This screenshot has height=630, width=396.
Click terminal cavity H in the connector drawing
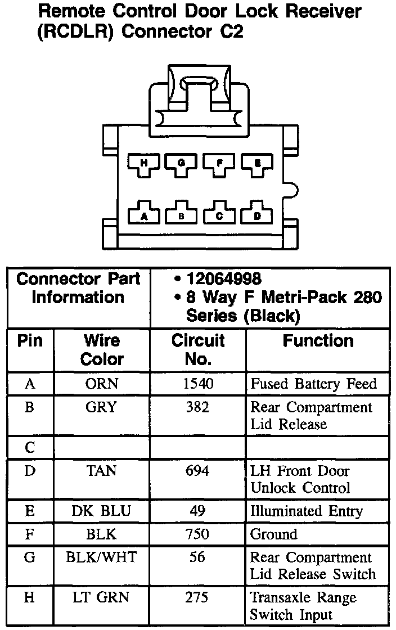click(x=143, y=164)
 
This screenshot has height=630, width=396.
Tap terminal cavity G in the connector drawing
click(x=181, y=164)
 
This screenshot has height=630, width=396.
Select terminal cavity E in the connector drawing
click(x=257, y=164)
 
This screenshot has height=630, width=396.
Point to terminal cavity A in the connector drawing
click(x=143, y=214)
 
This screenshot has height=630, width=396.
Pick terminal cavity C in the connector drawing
click(x=219, y=214)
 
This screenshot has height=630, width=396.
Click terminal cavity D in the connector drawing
click(x=257, y=214)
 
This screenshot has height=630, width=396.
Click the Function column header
click(x=318, y=341)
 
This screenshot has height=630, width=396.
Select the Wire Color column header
click(x=102, y=349)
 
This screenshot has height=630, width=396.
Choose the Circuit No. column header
click(x=198, y=349)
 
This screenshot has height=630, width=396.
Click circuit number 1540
click(x=198, y=384)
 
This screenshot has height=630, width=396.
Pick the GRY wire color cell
click(x=101, y=407)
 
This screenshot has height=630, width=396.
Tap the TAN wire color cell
click(x=101, y=471)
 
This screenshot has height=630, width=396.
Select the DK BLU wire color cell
click(x=101, y=511)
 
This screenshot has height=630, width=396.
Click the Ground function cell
click(x=274, y=534)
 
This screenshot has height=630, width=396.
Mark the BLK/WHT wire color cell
click(x=101, y=557)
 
